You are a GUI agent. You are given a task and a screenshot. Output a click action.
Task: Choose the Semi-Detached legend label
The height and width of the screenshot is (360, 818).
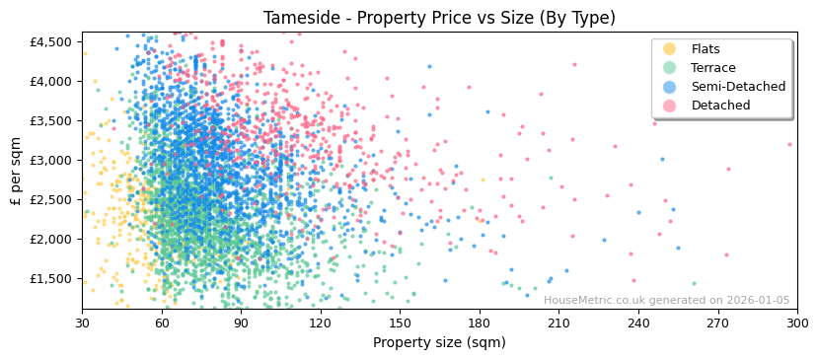738,87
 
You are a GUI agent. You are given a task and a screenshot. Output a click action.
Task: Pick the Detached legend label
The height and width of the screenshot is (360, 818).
720,106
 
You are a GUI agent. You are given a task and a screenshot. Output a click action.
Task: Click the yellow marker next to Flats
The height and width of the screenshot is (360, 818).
670,49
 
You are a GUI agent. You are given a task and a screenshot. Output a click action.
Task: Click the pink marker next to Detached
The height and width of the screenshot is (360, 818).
670,106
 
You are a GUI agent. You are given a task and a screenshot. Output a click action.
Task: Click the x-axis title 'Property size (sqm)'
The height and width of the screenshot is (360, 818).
439,342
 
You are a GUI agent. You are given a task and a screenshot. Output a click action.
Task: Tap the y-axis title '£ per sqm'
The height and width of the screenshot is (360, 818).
16,170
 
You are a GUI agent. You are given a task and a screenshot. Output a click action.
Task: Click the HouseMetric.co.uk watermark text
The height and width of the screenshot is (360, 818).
666,301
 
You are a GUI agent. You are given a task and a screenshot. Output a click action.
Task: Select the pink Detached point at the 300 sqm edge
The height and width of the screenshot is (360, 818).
789,145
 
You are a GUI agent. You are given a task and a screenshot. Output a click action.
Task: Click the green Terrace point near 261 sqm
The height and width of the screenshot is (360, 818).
694,284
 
